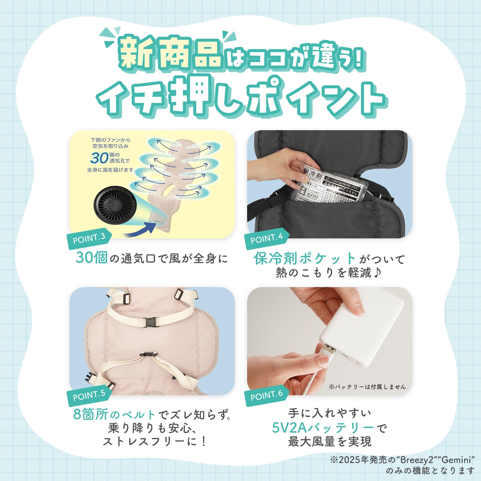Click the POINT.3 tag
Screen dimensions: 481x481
pyautogui.click(x=89, y=239)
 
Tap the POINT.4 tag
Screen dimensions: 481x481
pyautogui.click(x=267, y=239)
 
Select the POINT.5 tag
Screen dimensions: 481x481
pyautogui.click(x=89, y=396)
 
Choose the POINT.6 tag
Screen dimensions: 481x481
pyautogui.click(x=267, y=396)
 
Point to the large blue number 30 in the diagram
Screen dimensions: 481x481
pyautogui.click(x=100, y=158)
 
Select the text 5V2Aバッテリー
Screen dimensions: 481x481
pyautogui.click(x=323, y=428)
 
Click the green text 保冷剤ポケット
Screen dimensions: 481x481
pyautogui.click(x=305, y=258)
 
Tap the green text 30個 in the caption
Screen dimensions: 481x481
pyautogui.click(x=91, y=258)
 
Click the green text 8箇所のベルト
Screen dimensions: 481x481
pyautogui.click(x=114, y=415)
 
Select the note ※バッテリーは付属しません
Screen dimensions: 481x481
pyautogui.click(x=367, y=387)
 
